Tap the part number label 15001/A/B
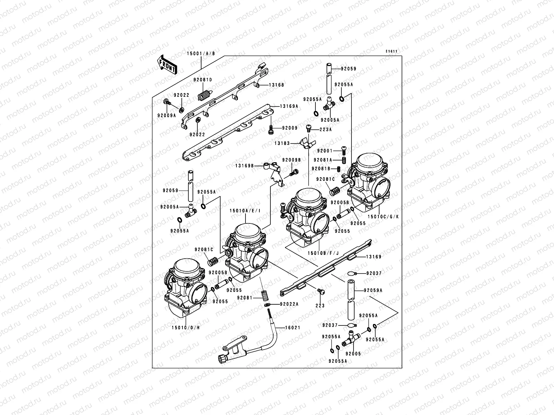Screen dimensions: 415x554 tap(201, 54)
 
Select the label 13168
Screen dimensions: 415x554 tap(276, 85)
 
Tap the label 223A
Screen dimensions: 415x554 tap(325, 130)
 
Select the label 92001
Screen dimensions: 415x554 tap(324, 151)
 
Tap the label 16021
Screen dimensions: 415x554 tap(293, 328)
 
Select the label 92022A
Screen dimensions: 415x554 tap(289, 304)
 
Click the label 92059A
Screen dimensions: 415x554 tap(373, 290)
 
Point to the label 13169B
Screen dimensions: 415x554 tap(245, 166)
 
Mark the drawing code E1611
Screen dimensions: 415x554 tap(392, 52)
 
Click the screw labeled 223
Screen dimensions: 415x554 tap(321, 293)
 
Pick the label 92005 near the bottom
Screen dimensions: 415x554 tap(353, 354)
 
